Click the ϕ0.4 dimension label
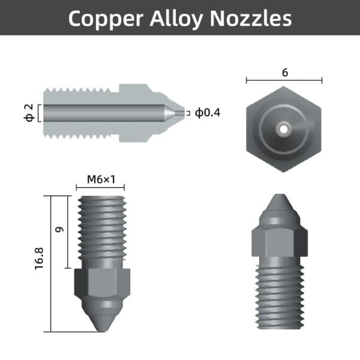208,113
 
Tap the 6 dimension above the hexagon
284,72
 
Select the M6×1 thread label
100,179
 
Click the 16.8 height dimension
40,263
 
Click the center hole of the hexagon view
284,127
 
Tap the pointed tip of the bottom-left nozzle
100,327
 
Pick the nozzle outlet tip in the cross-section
181,113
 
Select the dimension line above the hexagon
284,80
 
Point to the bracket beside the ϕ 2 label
39,113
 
